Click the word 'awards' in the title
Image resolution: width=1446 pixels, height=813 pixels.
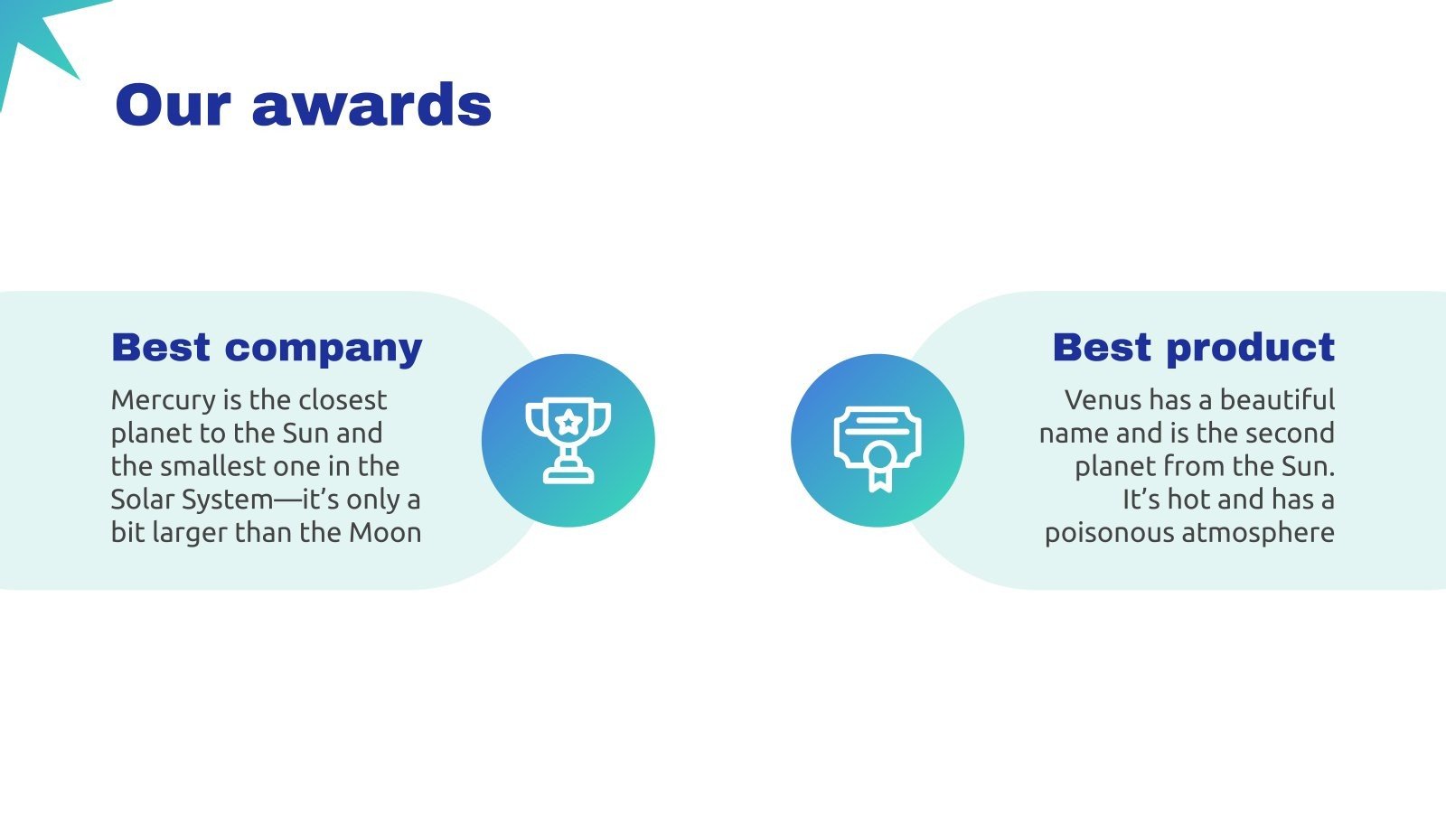pyautogui.click(x=371, y=105)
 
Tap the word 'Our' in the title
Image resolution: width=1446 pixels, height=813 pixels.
pyautogui.click(x=173, y=105)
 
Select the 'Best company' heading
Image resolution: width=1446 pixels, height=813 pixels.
pyautogui.click(x=267, y=349)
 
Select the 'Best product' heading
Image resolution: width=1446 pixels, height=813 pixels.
pyautogui.click(x=1194, y=349)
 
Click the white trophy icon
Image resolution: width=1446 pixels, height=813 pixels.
pyautogui.click(x=568, y=441)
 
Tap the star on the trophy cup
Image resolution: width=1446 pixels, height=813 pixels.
pyautogui.click(x=568, y=422)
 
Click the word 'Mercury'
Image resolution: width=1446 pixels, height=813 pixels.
pyautogui.click(x=164, y=401)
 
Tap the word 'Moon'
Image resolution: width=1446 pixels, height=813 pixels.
pyautogui.click(x=385, y=533)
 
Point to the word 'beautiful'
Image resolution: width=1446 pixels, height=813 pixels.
pyautogui.click(x=1278, y=400)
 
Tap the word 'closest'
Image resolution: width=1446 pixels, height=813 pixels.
pyautogui.click(x=343, y=400)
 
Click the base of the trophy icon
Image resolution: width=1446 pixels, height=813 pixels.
pyautogui.click(x=568, y=476)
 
